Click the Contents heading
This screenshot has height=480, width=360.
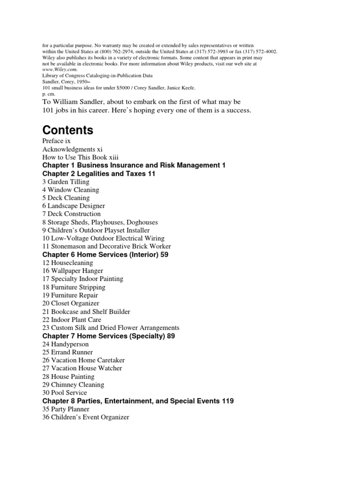coord(67,130)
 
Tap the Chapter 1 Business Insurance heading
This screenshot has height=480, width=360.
coord(134,165)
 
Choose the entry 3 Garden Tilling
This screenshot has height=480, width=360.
coord(66,182)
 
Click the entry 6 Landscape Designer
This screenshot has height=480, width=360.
coord(73,206)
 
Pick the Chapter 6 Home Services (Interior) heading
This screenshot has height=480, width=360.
coord(105,255)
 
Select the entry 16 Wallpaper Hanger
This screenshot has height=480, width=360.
coord(72,271)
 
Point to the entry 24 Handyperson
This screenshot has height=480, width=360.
coord(65,344)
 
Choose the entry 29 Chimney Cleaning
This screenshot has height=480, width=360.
coord(73,384)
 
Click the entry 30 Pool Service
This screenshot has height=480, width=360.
coord(65,392)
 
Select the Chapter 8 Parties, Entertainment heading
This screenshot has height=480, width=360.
coord(138,401)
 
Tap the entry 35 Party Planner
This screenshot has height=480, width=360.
coord(66,409)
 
